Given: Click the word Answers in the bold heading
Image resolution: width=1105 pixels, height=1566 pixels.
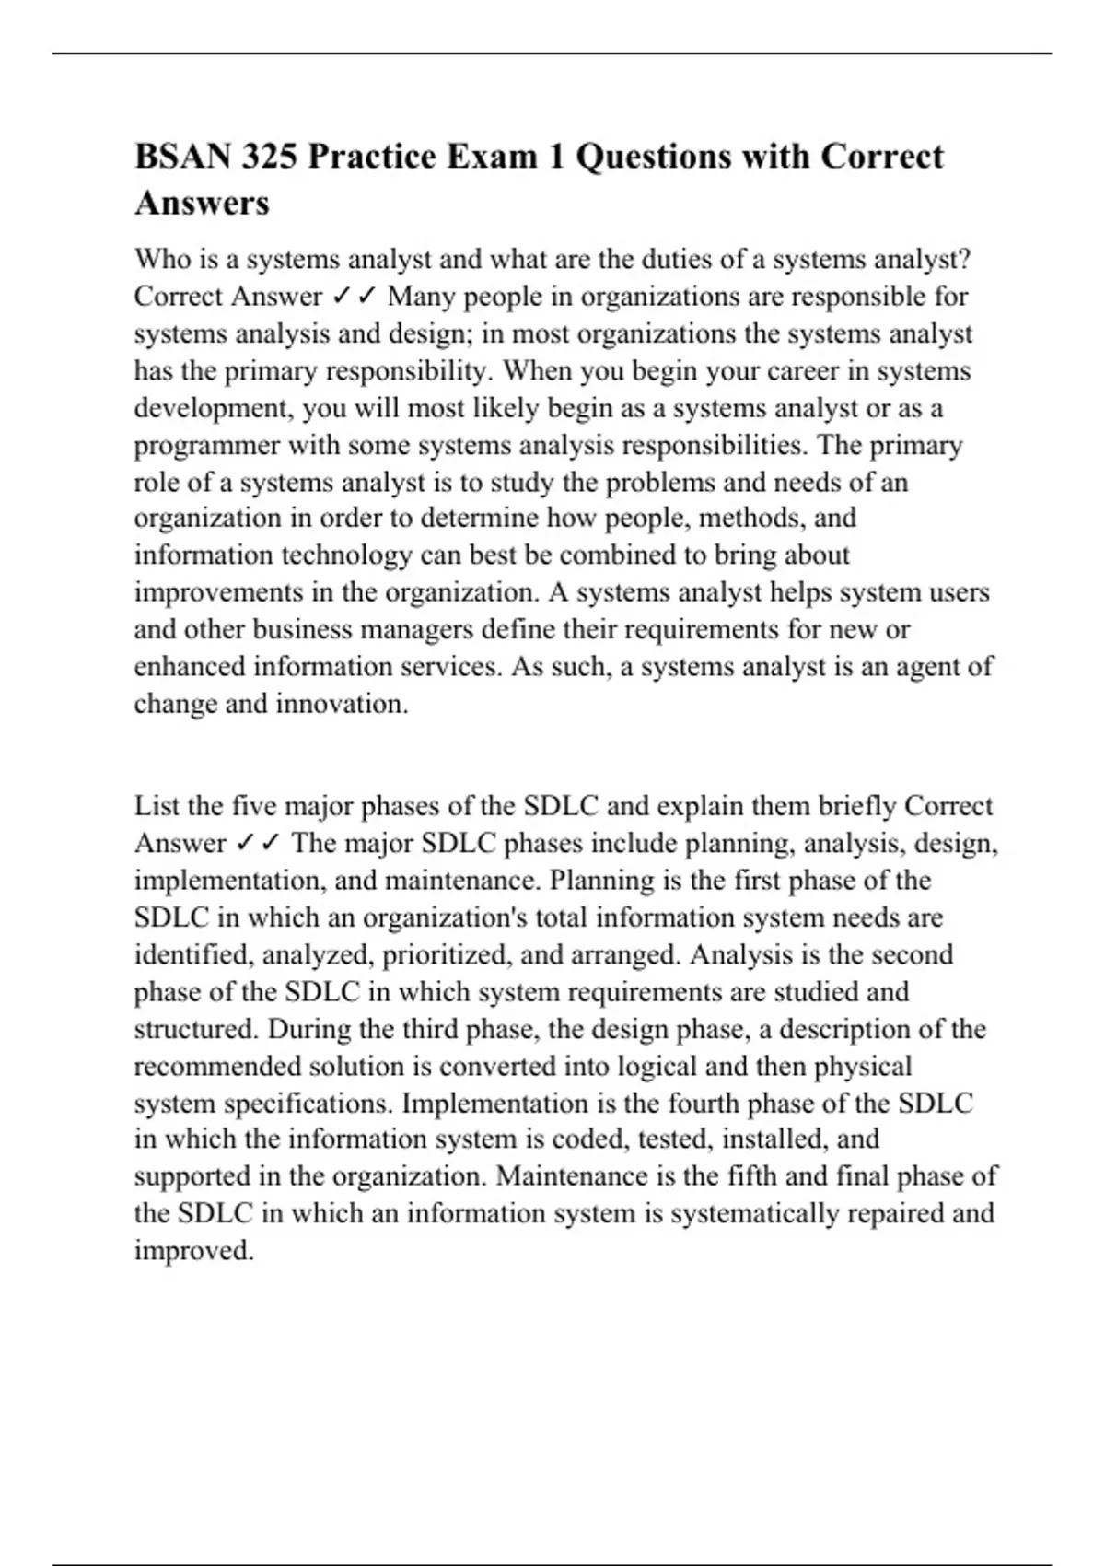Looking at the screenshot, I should [x=202, y=203].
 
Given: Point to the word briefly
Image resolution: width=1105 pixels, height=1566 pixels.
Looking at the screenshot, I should [x=849, y=806].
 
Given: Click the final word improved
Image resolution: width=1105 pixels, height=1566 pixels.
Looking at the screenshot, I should [x=193, y=1251].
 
